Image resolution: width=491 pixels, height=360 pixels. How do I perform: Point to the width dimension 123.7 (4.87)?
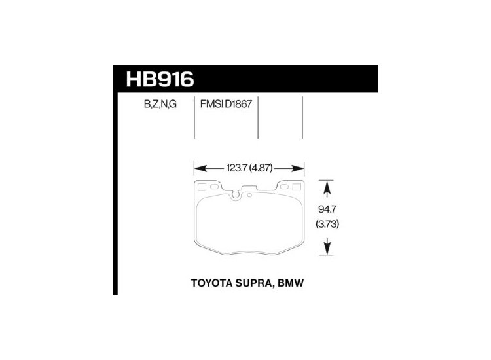tap(250, 167)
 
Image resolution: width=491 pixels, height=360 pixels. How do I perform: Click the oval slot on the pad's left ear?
tap(213, 187)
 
